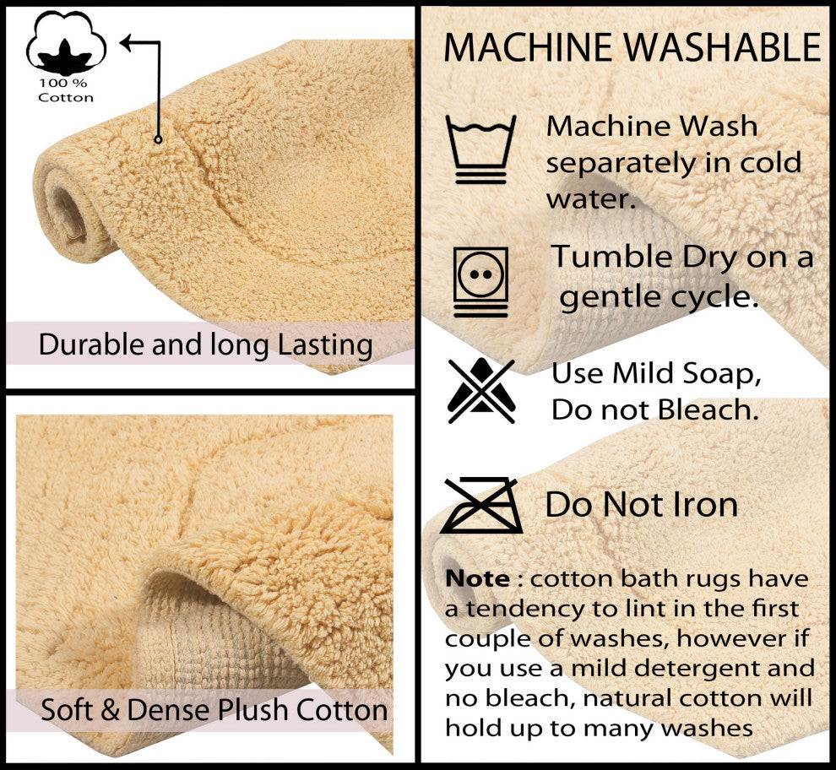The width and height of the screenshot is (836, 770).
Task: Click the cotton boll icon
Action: point(66,43)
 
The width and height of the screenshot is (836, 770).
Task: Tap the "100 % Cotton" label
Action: point(66,90)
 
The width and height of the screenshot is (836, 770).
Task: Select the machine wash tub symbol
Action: point(481,149)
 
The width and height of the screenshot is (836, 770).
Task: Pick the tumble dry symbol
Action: point(481,281)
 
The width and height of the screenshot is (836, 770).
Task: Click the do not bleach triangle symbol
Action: point(481,391)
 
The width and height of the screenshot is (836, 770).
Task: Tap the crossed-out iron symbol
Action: point(481,506)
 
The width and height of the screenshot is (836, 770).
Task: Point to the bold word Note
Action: point(477,578)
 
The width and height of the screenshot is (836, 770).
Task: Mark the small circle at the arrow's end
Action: point(158,139)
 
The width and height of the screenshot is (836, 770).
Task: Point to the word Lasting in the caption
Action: point(325,345)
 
